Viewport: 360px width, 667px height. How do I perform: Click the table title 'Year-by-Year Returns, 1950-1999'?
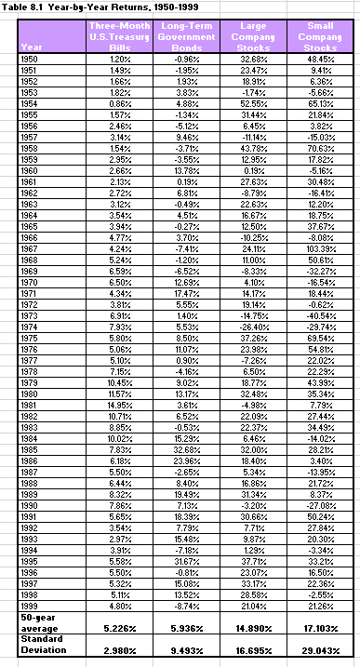tap(112, 6)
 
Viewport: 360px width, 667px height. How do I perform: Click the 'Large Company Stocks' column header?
tap(253, 34)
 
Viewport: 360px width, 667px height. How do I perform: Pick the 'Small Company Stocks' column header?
tap(321, 34)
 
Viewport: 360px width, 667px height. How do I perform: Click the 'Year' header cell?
tap(31, 47)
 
